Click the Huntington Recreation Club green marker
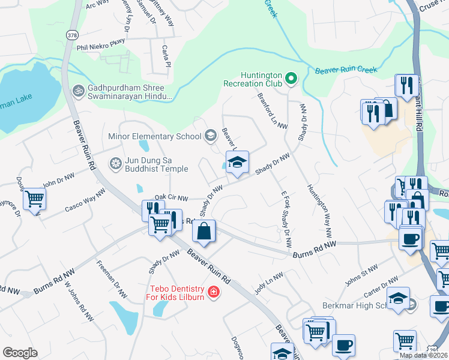click(291, 79)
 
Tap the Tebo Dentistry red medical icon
click(212, 292)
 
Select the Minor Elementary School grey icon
click(210, 136)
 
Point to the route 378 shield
click(72, 34)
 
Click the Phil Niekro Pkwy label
click(100, 41)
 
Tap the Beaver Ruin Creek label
click(346, 70)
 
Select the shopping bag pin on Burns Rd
click(204, 231)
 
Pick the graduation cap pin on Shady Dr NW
click(237, 162)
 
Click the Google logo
click(20, 353)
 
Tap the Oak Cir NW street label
click(171, 197)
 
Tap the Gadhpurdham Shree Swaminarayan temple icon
click(78, 91)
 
